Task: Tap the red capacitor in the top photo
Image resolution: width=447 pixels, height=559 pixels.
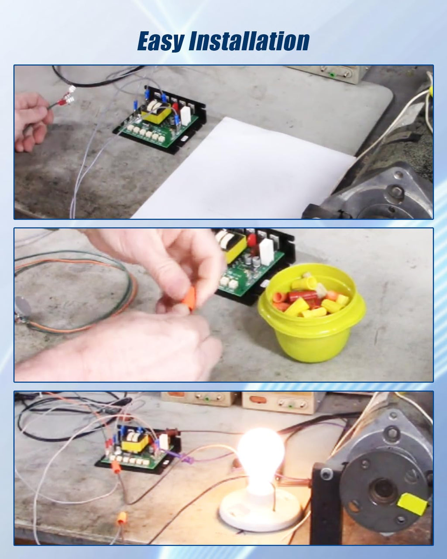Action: pos(175,107)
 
